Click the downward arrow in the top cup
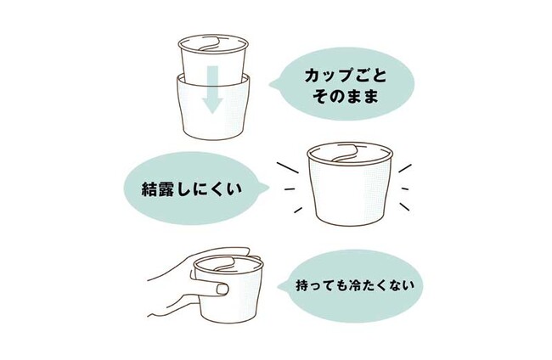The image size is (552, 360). (x=212, y=90)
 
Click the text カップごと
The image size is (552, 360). (x=346, y=76)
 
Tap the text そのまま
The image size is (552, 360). (x=346, y=97)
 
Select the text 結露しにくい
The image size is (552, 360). (x=192, y=189)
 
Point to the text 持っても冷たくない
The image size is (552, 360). (x=355, y=285)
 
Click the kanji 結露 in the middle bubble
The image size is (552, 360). (x=157, y=189)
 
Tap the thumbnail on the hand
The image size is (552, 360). (x=222, y=290)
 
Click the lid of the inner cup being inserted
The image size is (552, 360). (x=214, y=45)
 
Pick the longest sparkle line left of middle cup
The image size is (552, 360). (x=288, y=168)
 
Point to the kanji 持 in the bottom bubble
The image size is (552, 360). (x=302, y=285)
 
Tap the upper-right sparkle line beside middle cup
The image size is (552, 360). (x=405, y=168)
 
